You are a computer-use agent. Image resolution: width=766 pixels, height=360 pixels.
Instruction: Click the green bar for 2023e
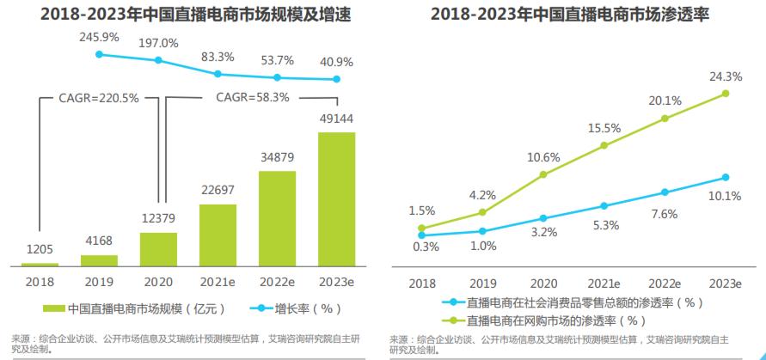[x=336, y=199]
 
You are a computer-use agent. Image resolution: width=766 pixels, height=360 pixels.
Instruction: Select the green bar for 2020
[x=158, y=249]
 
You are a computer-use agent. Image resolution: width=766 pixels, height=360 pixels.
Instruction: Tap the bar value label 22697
[x=218, y=190]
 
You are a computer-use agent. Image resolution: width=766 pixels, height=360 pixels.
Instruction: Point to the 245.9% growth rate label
[x=99, y=39]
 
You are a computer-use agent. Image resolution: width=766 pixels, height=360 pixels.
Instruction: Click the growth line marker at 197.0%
[x=158, y=60]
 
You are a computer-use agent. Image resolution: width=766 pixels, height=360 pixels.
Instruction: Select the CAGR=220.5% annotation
[x=98, y=98]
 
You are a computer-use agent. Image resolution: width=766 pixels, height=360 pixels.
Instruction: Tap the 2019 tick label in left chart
[x=99, y=281]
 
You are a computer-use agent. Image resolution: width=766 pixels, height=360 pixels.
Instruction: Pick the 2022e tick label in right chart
[x=665, y=283]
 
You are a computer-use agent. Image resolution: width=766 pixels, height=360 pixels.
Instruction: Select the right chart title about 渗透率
[x=575, y=15]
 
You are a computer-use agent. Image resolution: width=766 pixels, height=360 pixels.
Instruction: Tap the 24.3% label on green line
[x=725, y=76]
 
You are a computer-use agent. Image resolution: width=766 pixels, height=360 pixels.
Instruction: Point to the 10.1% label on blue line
[x=725, y=196]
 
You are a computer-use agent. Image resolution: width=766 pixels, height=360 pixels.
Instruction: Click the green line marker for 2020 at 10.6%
[x=542, y=174]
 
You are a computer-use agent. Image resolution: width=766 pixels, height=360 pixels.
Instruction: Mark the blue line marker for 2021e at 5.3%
[x=604, y=206]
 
